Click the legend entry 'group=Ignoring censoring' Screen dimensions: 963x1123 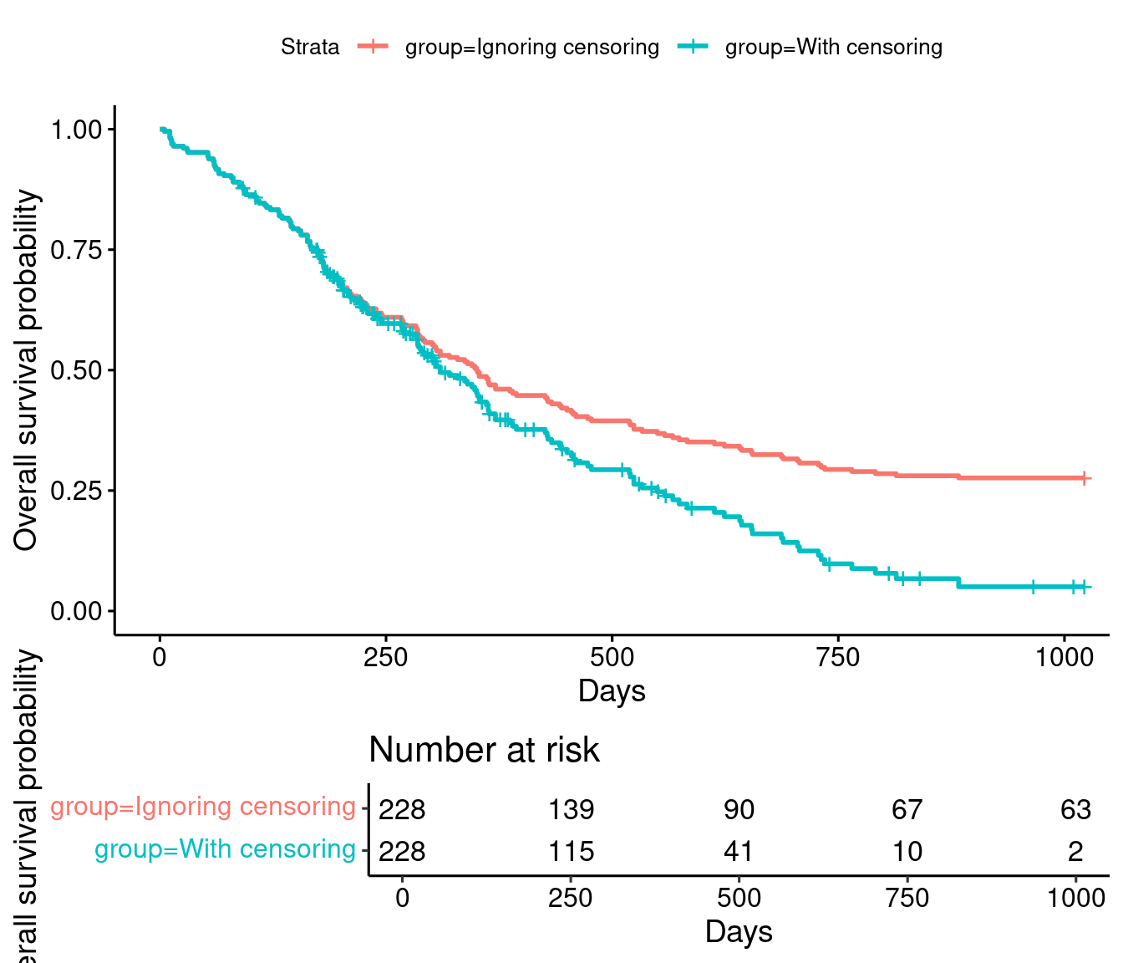531,47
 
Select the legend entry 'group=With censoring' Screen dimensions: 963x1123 833,47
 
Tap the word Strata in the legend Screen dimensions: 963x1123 310,47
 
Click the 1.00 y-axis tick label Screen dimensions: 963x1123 77,130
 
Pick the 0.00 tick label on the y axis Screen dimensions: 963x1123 77,611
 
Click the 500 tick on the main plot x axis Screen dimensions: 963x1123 612,657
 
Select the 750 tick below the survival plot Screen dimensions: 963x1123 838,657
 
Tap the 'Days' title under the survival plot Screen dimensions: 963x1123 612,691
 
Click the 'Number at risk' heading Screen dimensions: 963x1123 484,750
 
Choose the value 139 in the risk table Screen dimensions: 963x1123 571,809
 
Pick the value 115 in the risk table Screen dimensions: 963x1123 571,851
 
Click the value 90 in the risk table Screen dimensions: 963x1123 739,809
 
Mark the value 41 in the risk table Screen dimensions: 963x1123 739,851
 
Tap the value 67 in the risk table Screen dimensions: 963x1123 907,809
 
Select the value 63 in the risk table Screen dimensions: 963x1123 1075,809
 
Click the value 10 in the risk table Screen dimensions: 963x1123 907,851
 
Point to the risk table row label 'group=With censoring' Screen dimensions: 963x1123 225,849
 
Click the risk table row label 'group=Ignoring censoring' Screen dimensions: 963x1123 203,807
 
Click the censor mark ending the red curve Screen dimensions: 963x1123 1084,478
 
